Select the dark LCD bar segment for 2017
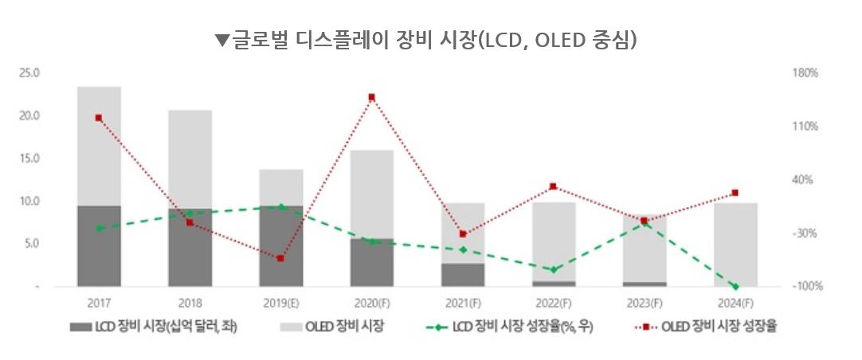(x=99, y=245)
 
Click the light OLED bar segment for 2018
(x=190, y=159)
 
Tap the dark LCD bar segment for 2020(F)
(x=371, y=262)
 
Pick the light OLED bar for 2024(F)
(x=735, y=244)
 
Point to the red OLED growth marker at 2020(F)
(x=371, y=97)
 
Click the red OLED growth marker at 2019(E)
(x=280, y=259)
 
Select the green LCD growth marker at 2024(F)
(x=735, y=286)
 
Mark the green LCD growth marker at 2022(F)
(x=554, y=270)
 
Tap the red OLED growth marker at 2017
(x=99, y=118)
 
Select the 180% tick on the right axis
(x=805, y=73)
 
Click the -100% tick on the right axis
(x=805, y=286)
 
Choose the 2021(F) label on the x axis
(x=462, y=303)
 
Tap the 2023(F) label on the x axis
(x=645, y=303)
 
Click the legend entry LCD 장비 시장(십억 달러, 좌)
(x=155, y=327)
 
